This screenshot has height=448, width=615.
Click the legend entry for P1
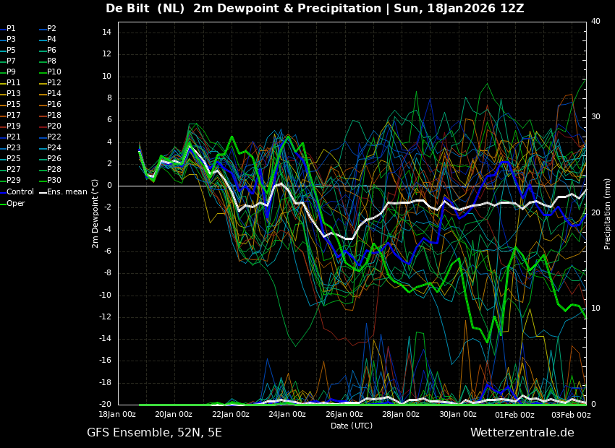coord(11,29)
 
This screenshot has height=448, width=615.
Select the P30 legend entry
coord(54,181)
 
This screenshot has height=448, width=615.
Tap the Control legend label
coord(20,192)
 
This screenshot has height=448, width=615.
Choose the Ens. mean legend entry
coord(67,192)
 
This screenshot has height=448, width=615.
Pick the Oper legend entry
coord(16,203)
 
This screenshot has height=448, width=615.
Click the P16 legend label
coord(54,105)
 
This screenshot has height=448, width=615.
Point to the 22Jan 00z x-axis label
coord(231,415)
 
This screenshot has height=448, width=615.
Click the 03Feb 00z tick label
coord(572,415)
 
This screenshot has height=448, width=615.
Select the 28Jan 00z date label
coord(401,415)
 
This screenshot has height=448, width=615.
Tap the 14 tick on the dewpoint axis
coord(106,33)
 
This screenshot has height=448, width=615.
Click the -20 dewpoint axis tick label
coord(104,405)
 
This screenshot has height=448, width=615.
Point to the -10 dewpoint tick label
coord(104,295)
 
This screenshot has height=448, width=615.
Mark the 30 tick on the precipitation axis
coord(595,116)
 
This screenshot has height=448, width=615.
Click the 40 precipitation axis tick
coord(595,22)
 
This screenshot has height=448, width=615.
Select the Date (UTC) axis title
coord(352,426)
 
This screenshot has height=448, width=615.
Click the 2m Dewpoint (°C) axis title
coord(95,213)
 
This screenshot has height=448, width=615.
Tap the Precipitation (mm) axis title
coord(608,213)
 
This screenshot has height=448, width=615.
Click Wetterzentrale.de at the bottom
coord(522,433)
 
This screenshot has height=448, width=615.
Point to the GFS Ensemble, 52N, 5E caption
coord(154,433)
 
